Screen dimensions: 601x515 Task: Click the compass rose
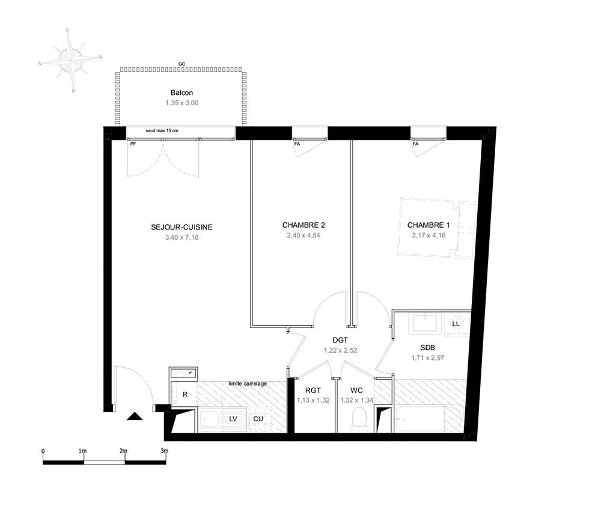point(71,60)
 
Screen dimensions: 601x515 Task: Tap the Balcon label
point(182,93)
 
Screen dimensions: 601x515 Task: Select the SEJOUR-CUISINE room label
point(182,227)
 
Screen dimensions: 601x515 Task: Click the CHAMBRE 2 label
point(304,225)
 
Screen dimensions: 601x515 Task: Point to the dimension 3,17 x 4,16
point(429,236)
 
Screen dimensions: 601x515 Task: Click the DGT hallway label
point(340,340)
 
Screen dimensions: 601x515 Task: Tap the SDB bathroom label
point(428,348)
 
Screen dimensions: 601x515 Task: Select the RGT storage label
point(313,391)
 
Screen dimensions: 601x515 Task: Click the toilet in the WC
point(359,419)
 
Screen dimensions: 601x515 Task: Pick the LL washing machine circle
point(456,324)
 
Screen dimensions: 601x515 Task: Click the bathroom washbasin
point(424,325)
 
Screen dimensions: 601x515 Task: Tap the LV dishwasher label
point(233,419)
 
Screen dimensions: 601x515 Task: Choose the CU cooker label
point(258,419)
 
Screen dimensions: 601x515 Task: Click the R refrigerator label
point(185,394)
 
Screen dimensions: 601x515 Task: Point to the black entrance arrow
point(135,416)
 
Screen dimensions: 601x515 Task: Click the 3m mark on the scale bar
point(165,451)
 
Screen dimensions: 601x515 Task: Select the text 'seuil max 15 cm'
point(162,130)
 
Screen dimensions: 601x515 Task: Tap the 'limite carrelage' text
point(248,383)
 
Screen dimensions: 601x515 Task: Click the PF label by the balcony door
point(133,144)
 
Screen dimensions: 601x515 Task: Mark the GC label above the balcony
point(182,64)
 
